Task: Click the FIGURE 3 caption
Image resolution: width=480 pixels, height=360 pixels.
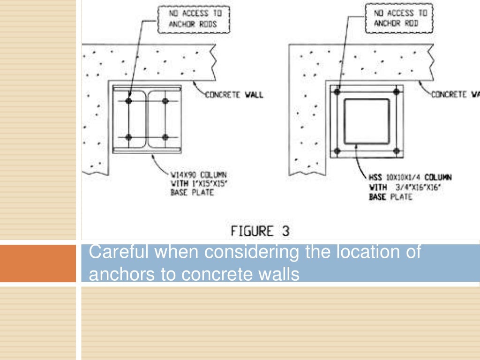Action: tap(260, 232)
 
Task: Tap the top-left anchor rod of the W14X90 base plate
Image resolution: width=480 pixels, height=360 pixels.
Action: tap(129, 101)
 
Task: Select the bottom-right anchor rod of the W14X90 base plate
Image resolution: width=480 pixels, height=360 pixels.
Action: tap(165, 137)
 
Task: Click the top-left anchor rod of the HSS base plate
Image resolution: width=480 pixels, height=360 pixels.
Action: tap(337, 92)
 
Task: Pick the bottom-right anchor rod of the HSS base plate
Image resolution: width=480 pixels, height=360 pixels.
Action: tap(396, 151)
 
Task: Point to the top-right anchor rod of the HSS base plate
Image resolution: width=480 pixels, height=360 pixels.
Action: tap(396, 92)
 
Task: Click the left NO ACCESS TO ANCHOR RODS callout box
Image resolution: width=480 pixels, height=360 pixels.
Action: tap(194, 21)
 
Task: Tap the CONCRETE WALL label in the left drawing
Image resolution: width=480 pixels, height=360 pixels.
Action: tap(234, 95)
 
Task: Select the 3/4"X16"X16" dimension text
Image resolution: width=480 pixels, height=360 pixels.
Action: tap(414, 187)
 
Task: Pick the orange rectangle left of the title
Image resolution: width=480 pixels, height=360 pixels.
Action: tap(37, 263)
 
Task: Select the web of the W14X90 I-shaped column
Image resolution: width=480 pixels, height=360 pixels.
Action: tap(147, 119)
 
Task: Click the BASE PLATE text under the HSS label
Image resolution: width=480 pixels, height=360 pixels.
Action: tap(390, 197)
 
